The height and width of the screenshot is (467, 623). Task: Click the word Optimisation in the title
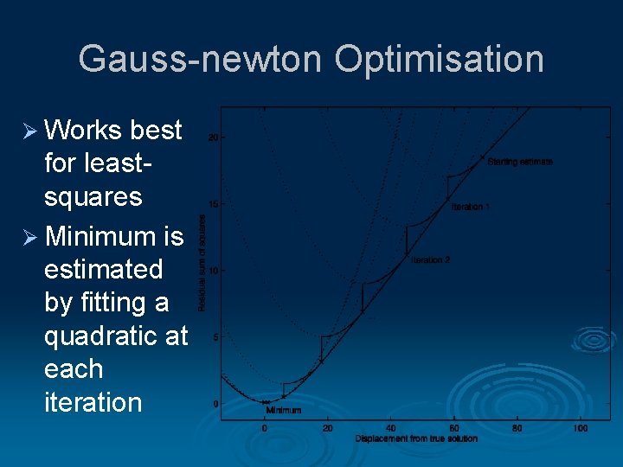coord(439,60)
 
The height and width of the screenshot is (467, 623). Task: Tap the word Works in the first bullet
coord(82,130)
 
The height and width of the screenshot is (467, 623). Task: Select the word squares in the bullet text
coord(93,196)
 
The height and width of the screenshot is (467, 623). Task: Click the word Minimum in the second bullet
coord(101,235)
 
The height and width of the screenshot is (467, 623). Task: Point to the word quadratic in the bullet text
coord(115,336)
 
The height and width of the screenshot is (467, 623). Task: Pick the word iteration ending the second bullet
coord(93,402)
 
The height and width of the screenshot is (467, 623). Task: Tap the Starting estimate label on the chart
coord(520,162)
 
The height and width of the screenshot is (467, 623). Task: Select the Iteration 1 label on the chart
coord(471,208)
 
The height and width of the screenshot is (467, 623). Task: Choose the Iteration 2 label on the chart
coord(430,260)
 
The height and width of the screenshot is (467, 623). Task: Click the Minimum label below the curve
coord(284,410)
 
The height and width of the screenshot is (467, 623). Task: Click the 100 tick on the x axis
coord(581,428)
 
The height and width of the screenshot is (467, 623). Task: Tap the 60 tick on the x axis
coord(454,428)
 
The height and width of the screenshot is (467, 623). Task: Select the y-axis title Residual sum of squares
coord(202,263)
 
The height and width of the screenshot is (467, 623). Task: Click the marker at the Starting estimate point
coord(483,157)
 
